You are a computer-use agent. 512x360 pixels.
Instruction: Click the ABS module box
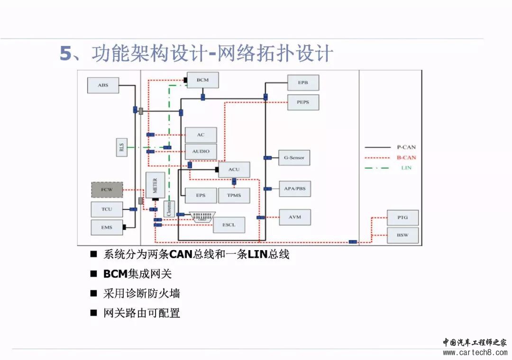tap(103, 85)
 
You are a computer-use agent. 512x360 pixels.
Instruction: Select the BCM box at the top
tap(202, 80)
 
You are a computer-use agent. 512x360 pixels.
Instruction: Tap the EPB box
tap(303, 82)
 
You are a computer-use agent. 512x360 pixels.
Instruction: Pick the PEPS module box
tap(303, 102)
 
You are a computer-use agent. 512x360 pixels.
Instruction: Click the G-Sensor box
tap(294, 157)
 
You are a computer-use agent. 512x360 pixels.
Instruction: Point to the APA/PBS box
tap(294, 189)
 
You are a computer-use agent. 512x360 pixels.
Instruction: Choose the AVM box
tap(294, 217)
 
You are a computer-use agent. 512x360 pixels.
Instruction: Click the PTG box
tap(403, 217)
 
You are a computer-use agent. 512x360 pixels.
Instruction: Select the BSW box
tap(403, 235)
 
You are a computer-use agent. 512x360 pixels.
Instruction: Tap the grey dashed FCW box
tap(107, 189)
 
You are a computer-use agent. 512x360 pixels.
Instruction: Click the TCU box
tap(107, 209)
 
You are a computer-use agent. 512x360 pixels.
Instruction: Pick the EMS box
tap(107, 227)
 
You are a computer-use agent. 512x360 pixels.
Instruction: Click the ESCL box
tap(229, 225)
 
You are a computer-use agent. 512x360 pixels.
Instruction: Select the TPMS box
tap(234, 195)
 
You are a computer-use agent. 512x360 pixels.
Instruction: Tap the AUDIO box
tap(201, 152)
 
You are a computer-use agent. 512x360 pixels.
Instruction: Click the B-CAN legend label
tap(406, 157)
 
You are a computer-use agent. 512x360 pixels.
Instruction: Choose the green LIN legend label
tap(406, 168)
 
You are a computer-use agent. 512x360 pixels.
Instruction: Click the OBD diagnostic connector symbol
tap(202, 216)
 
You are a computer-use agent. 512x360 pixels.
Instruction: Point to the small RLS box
tap(121, 147)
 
